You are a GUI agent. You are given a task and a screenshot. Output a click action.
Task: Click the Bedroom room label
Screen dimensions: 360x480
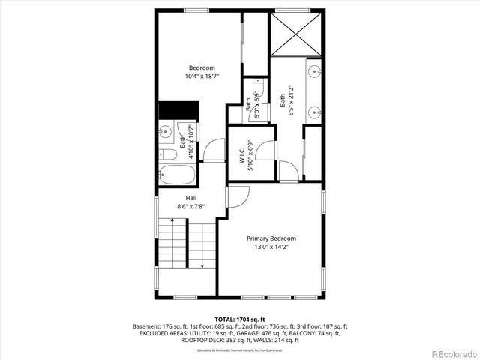pyautogui.click(x=202, y=67)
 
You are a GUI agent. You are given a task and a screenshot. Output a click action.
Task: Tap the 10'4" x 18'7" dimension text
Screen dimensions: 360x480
pyautogui.click(x=202, y=76)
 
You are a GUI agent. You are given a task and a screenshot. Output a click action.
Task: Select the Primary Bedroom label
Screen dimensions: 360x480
pyautogui.click(x=271, y=238)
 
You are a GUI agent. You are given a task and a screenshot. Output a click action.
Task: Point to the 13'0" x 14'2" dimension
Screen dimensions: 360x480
pyautogui.click(x=271, y=247)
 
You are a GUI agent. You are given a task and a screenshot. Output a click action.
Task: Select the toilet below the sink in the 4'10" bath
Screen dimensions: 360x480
pyautogui.click(x=169, y=154)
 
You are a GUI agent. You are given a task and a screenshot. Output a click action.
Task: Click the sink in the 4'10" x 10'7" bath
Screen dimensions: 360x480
pyautogui.click(x=166, y=132)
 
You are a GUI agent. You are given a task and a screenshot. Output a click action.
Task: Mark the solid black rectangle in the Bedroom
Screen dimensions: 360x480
pyautogui.click(x=177, y=109)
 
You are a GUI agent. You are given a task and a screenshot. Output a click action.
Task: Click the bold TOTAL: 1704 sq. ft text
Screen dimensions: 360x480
pyautogui.click(x=240, y=319)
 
